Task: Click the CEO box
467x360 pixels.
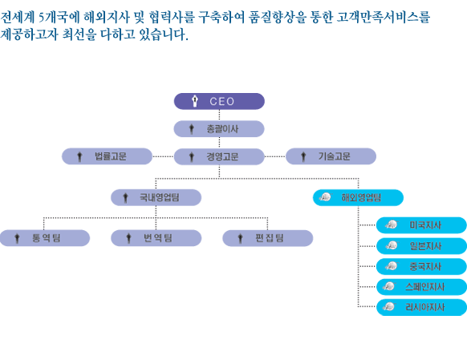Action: (x=219, y=101)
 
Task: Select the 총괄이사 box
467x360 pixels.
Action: (x=219, y=129)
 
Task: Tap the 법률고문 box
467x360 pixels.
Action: (x=107, y=156)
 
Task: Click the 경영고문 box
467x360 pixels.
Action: (x=219, y=156)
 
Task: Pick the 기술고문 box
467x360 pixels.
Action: (x=331, y=156)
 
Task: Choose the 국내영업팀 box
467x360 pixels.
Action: (x=156, y=197)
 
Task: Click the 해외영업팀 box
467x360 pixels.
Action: (x=358, y=197)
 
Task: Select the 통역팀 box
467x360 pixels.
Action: (x=45, y=238)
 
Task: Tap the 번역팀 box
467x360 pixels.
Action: (x=156, y=238)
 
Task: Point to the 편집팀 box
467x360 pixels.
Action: (x=268, y=238)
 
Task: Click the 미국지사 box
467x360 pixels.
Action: (x=421, y=225)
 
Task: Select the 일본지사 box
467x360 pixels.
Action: (x=421, y=246)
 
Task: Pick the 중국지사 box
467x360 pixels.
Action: (x=421, y=266)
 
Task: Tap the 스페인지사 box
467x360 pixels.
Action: (x=421, y=287)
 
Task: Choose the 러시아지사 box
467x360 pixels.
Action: (x=421, y=307)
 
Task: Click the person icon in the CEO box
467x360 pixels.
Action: (x=195, y=101)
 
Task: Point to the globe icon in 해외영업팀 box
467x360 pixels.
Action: (x=326, y=196)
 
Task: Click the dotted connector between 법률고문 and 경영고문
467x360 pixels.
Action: (x=163, y=156)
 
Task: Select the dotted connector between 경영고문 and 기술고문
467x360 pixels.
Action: (x=275, y=156)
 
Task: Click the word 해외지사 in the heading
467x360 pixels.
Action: (x=107, y=17)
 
